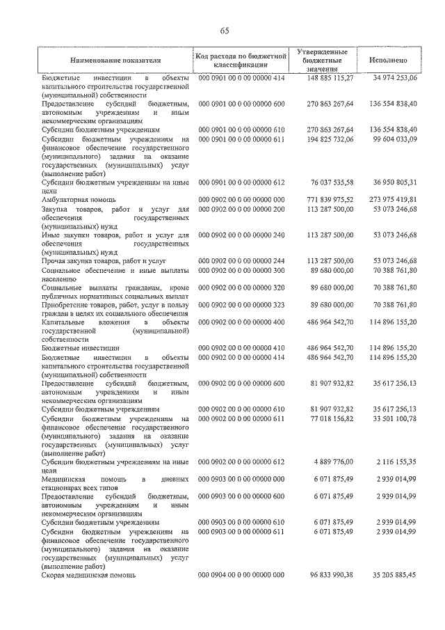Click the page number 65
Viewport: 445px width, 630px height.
(225, 29)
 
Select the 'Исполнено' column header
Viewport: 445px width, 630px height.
(389, 61)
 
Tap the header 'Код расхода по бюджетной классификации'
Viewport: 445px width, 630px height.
(241, 61)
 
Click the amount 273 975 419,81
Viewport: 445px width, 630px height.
(389, 200)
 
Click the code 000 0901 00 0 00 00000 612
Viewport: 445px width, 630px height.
(241, 182)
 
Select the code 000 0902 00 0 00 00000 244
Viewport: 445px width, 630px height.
(241, 260)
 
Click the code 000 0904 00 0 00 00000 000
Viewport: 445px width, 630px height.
(241, 576)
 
